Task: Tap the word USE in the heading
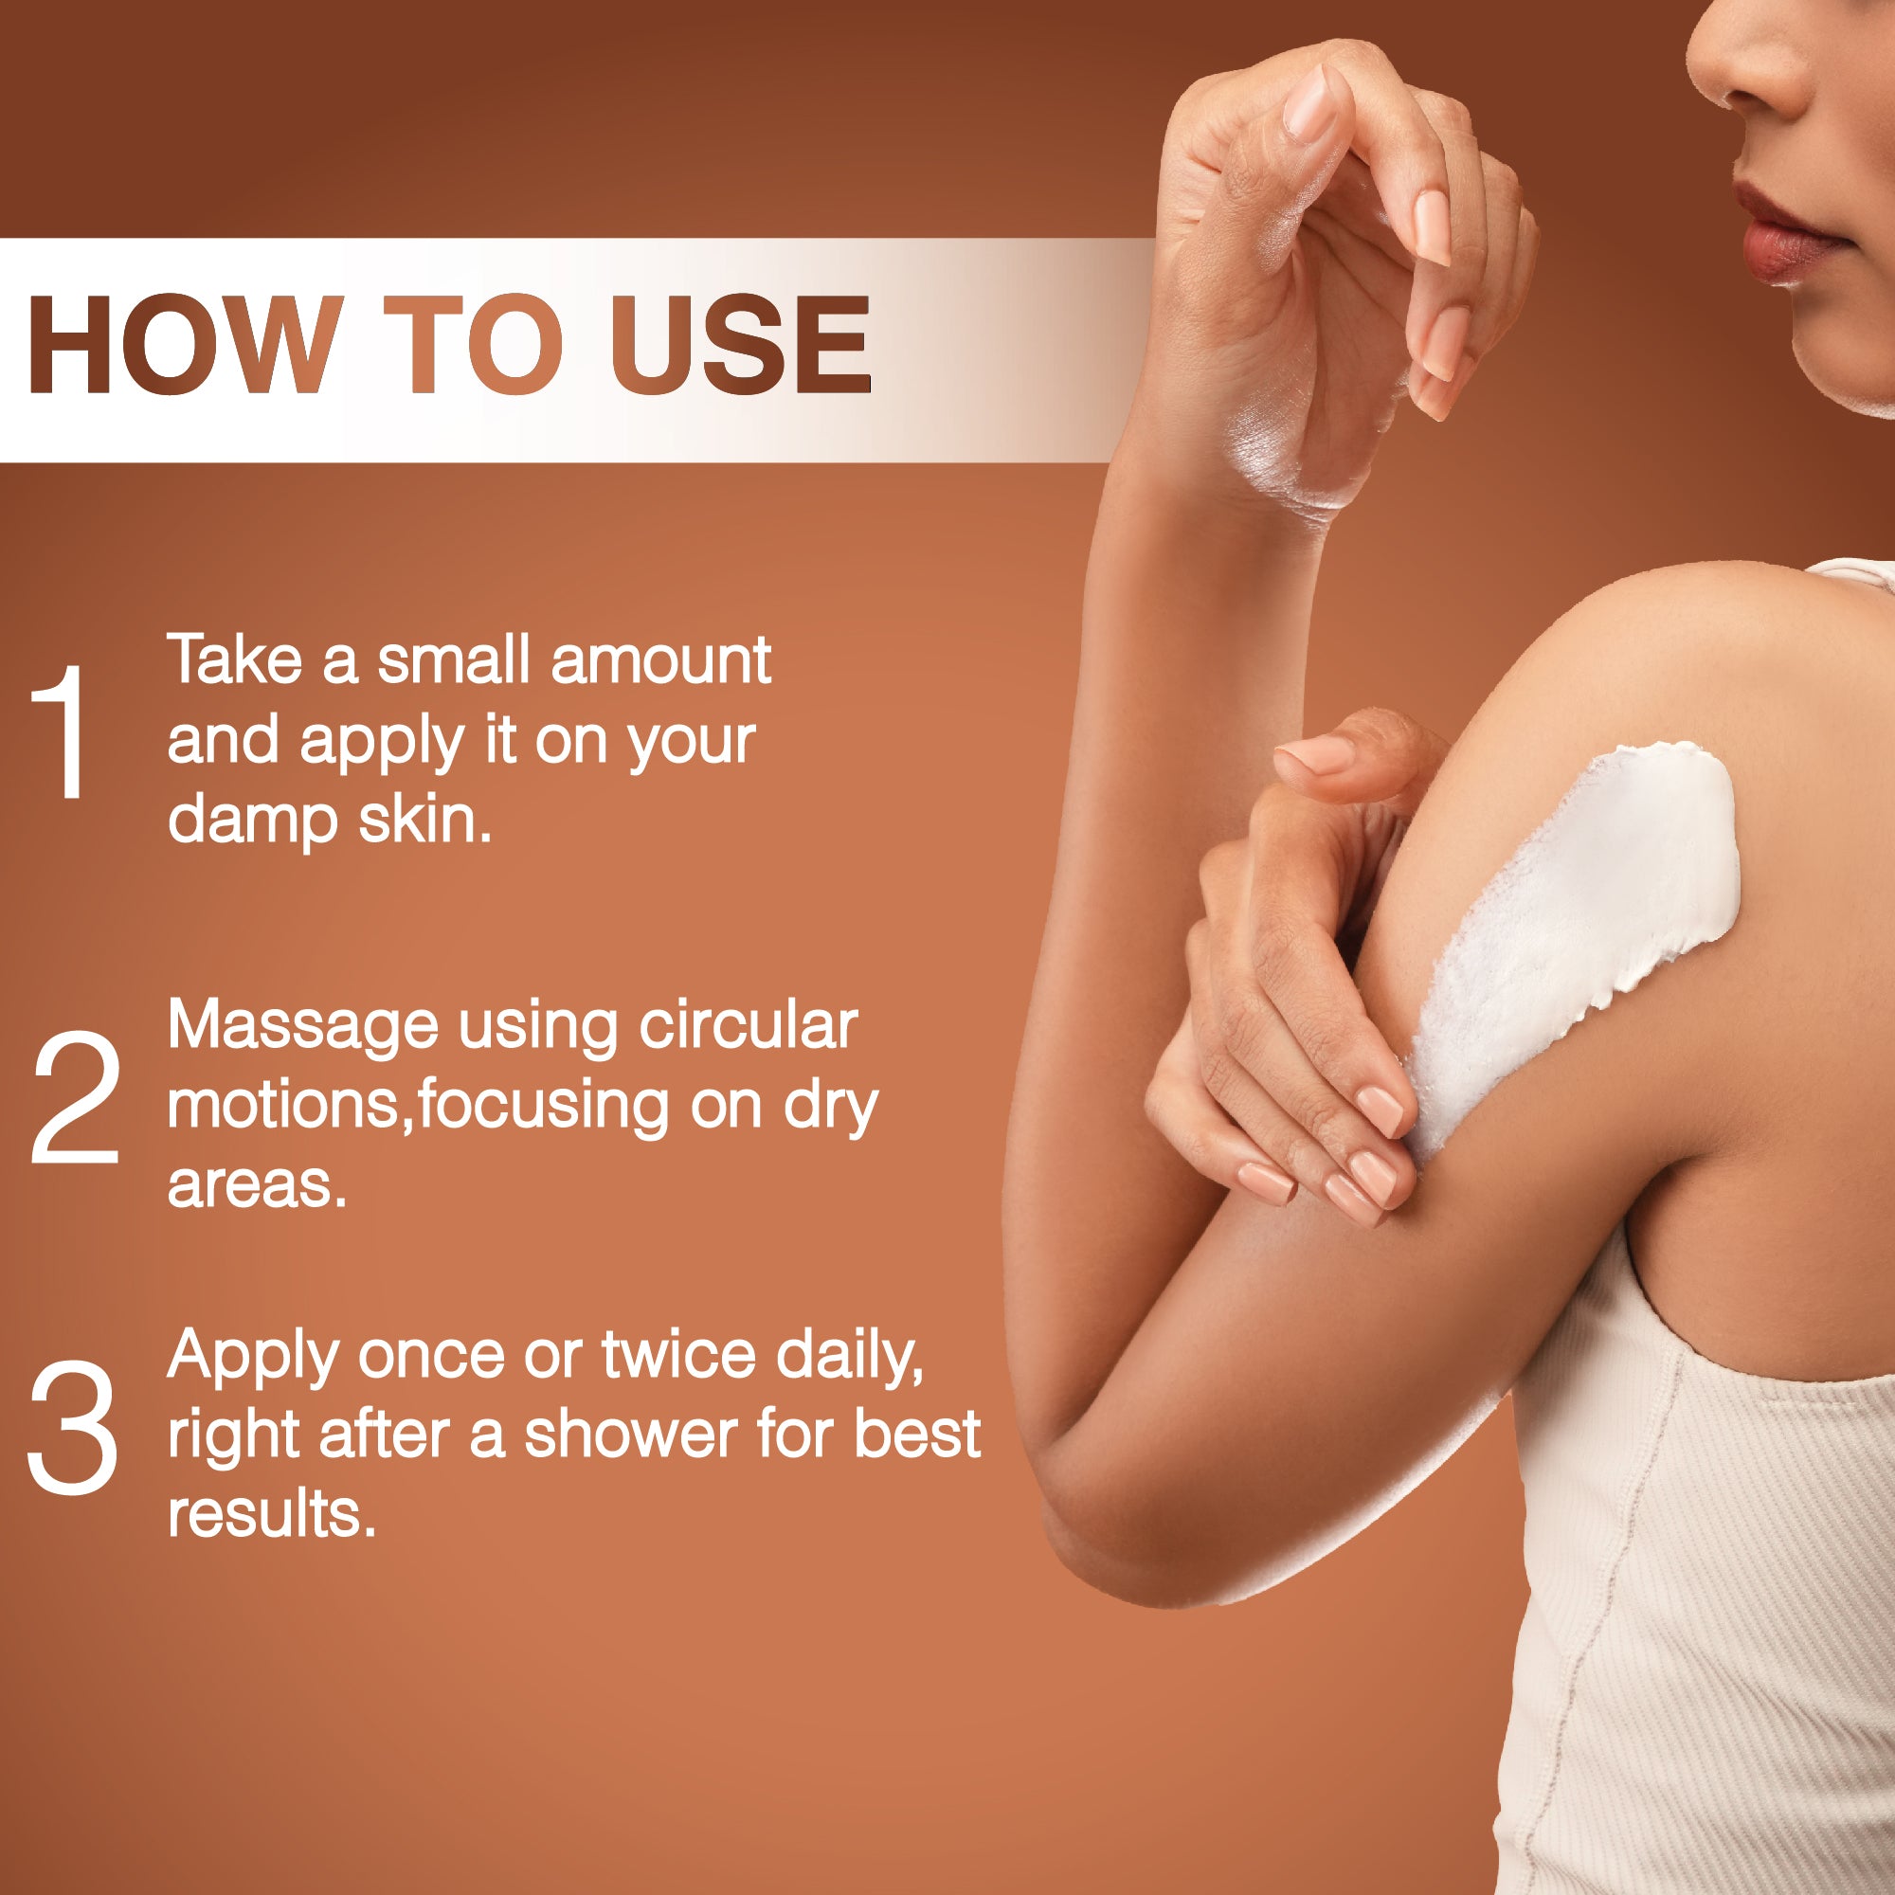pyautogui.click(x=741, y=344)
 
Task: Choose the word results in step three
pyautogui.click(x=272, y=1514)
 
